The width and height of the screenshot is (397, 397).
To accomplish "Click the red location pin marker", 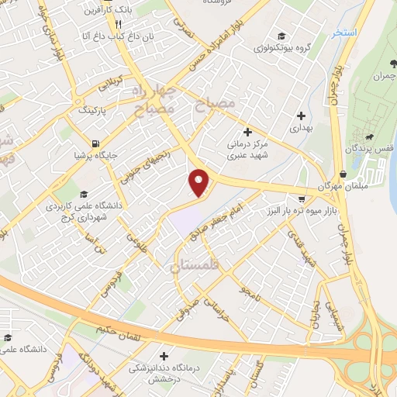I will [x=200, y=182].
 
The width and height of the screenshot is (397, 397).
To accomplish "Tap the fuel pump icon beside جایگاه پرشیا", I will [x=95, y=143].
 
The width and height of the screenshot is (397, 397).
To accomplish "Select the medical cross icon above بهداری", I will [x=300, y=116].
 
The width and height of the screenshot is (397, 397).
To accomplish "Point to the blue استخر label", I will [x=343, y=33].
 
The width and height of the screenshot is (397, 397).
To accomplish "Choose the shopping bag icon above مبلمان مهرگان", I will [x=343, y=174].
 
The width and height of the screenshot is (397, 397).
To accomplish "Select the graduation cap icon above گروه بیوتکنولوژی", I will [x=281, y=35].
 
